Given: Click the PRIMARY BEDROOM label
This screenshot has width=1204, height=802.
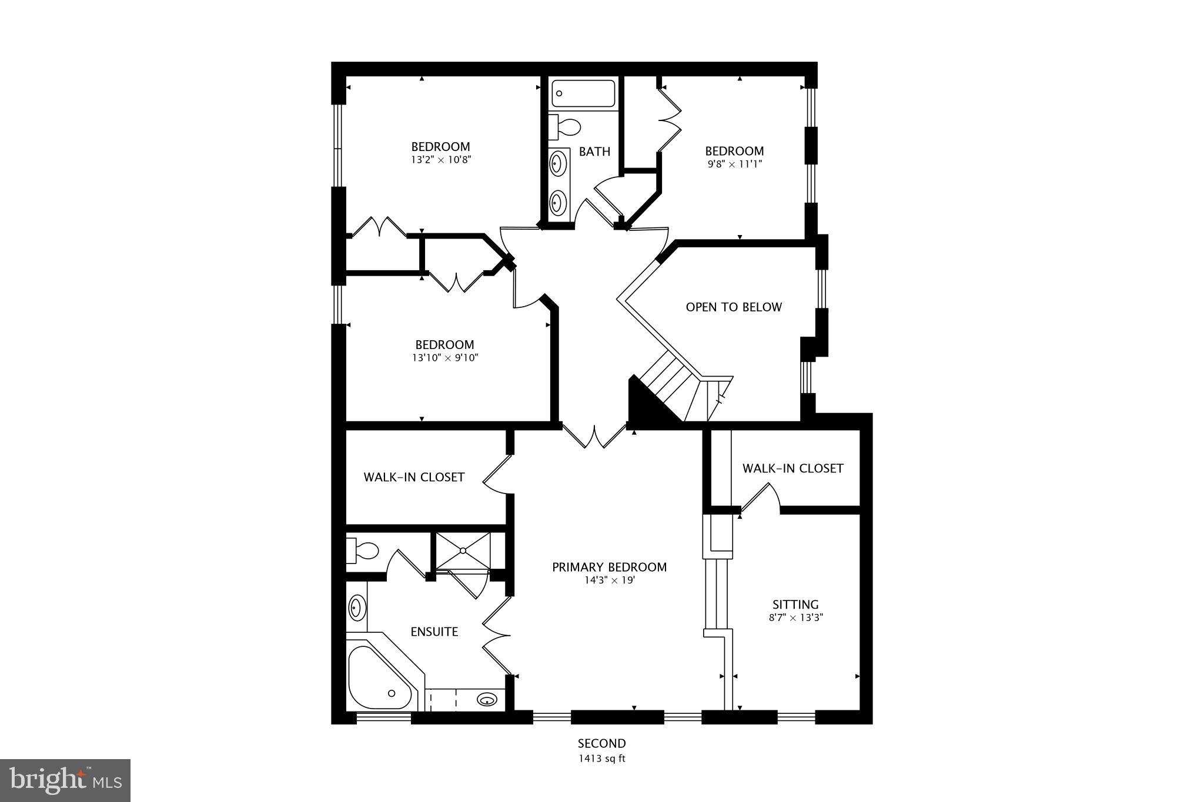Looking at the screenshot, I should point(609,567).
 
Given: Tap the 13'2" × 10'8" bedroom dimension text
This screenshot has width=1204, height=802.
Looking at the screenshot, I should point(441,159).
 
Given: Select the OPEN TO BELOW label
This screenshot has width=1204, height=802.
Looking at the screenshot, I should point(734,307).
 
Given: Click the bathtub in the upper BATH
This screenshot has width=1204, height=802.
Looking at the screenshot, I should point(583,93).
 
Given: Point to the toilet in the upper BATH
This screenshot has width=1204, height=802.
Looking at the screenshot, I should point(565,127).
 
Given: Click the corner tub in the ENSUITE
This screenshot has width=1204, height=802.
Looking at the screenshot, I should point(379,682).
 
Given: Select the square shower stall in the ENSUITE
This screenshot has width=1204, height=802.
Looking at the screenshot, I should point(463,551).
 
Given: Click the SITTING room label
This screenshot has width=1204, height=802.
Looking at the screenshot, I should point(795,604).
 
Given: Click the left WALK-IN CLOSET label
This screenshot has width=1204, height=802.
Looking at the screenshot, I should point(414,477).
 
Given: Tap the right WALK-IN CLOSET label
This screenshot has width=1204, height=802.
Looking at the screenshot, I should point(792,468).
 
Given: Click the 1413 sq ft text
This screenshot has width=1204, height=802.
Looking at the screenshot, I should point(601,759).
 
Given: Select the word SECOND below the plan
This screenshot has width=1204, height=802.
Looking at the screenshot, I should point(601,744).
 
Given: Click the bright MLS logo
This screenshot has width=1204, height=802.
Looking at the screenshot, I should point(65,780).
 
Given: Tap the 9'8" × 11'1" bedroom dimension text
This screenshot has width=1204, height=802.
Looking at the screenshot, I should point(734,164).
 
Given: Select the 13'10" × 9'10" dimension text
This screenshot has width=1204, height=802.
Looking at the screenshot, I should point(444,358).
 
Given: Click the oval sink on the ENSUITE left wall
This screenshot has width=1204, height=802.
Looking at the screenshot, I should point(356,608).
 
